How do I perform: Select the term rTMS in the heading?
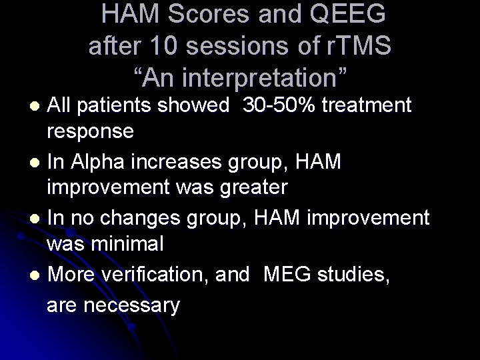[357, 46]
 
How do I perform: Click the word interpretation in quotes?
[249, 77]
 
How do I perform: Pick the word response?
[90, 131]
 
